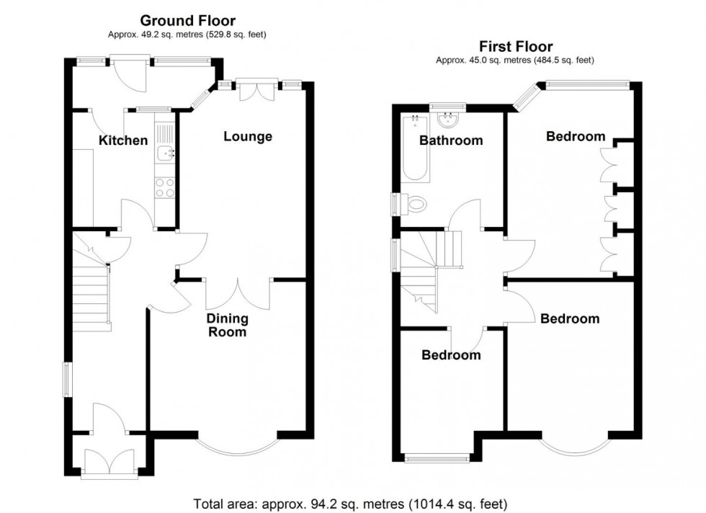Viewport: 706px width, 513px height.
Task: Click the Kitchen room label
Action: tap(123, 140)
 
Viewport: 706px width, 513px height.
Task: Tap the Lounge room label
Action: tap(247, 136)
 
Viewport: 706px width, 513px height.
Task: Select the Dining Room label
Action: tap(227, 325)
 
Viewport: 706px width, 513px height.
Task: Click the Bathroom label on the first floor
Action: tap(451, 140)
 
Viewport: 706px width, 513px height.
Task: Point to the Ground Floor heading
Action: tap(187, 21)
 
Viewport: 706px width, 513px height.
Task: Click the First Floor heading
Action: tap(514, 48)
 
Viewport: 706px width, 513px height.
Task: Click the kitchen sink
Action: tap(166, 152)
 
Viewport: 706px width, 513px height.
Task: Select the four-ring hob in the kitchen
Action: tap(165, 187)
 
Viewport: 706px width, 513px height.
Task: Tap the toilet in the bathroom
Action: tap(414, 205)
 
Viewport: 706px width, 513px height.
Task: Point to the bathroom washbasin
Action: tap(452, 119)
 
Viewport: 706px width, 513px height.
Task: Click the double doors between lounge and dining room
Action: tap(239, 295)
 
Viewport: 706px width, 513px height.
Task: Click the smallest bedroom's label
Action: tap(451, 355)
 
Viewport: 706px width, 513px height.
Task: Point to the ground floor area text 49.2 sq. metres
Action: tap(187, 34)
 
